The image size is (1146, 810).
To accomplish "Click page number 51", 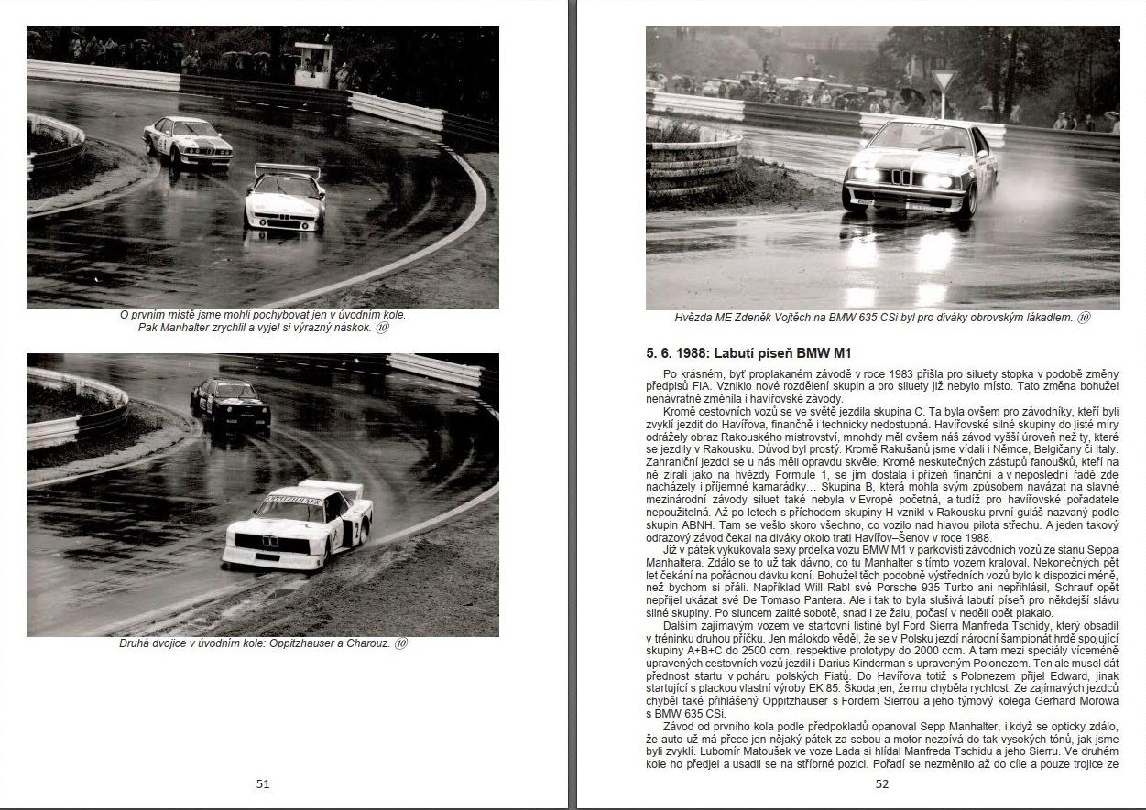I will (263, 783).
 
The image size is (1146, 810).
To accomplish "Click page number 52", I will (882, 783).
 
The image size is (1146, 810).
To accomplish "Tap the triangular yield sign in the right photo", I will (944, 81).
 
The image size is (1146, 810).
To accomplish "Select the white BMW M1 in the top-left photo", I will (285, 199).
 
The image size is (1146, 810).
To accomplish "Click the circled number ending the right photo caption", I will (1084, 319).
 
